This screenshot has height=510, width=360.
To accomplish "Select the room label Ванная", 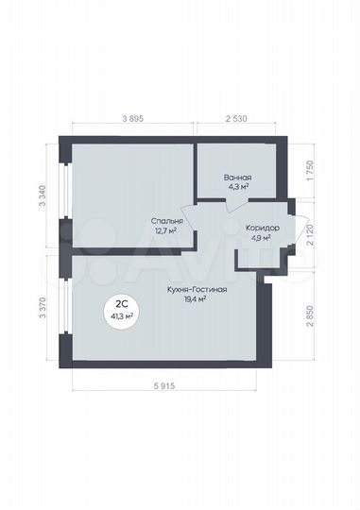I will click(x=237, y=177).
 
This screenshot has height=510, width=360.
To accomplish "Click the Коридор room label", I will click(x=261, y=229).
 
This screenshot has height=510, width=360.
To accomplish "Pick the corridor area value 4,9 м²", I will click(x=261, y=238).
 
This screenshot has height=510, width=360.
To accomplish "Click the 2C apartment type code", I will click(x=123, y=304).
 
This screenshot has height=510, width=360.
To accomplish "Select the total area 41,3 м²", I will click(x=123, y=315).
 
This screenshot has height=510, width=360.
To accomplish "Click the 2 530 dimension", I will click(x=238, y=118).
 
